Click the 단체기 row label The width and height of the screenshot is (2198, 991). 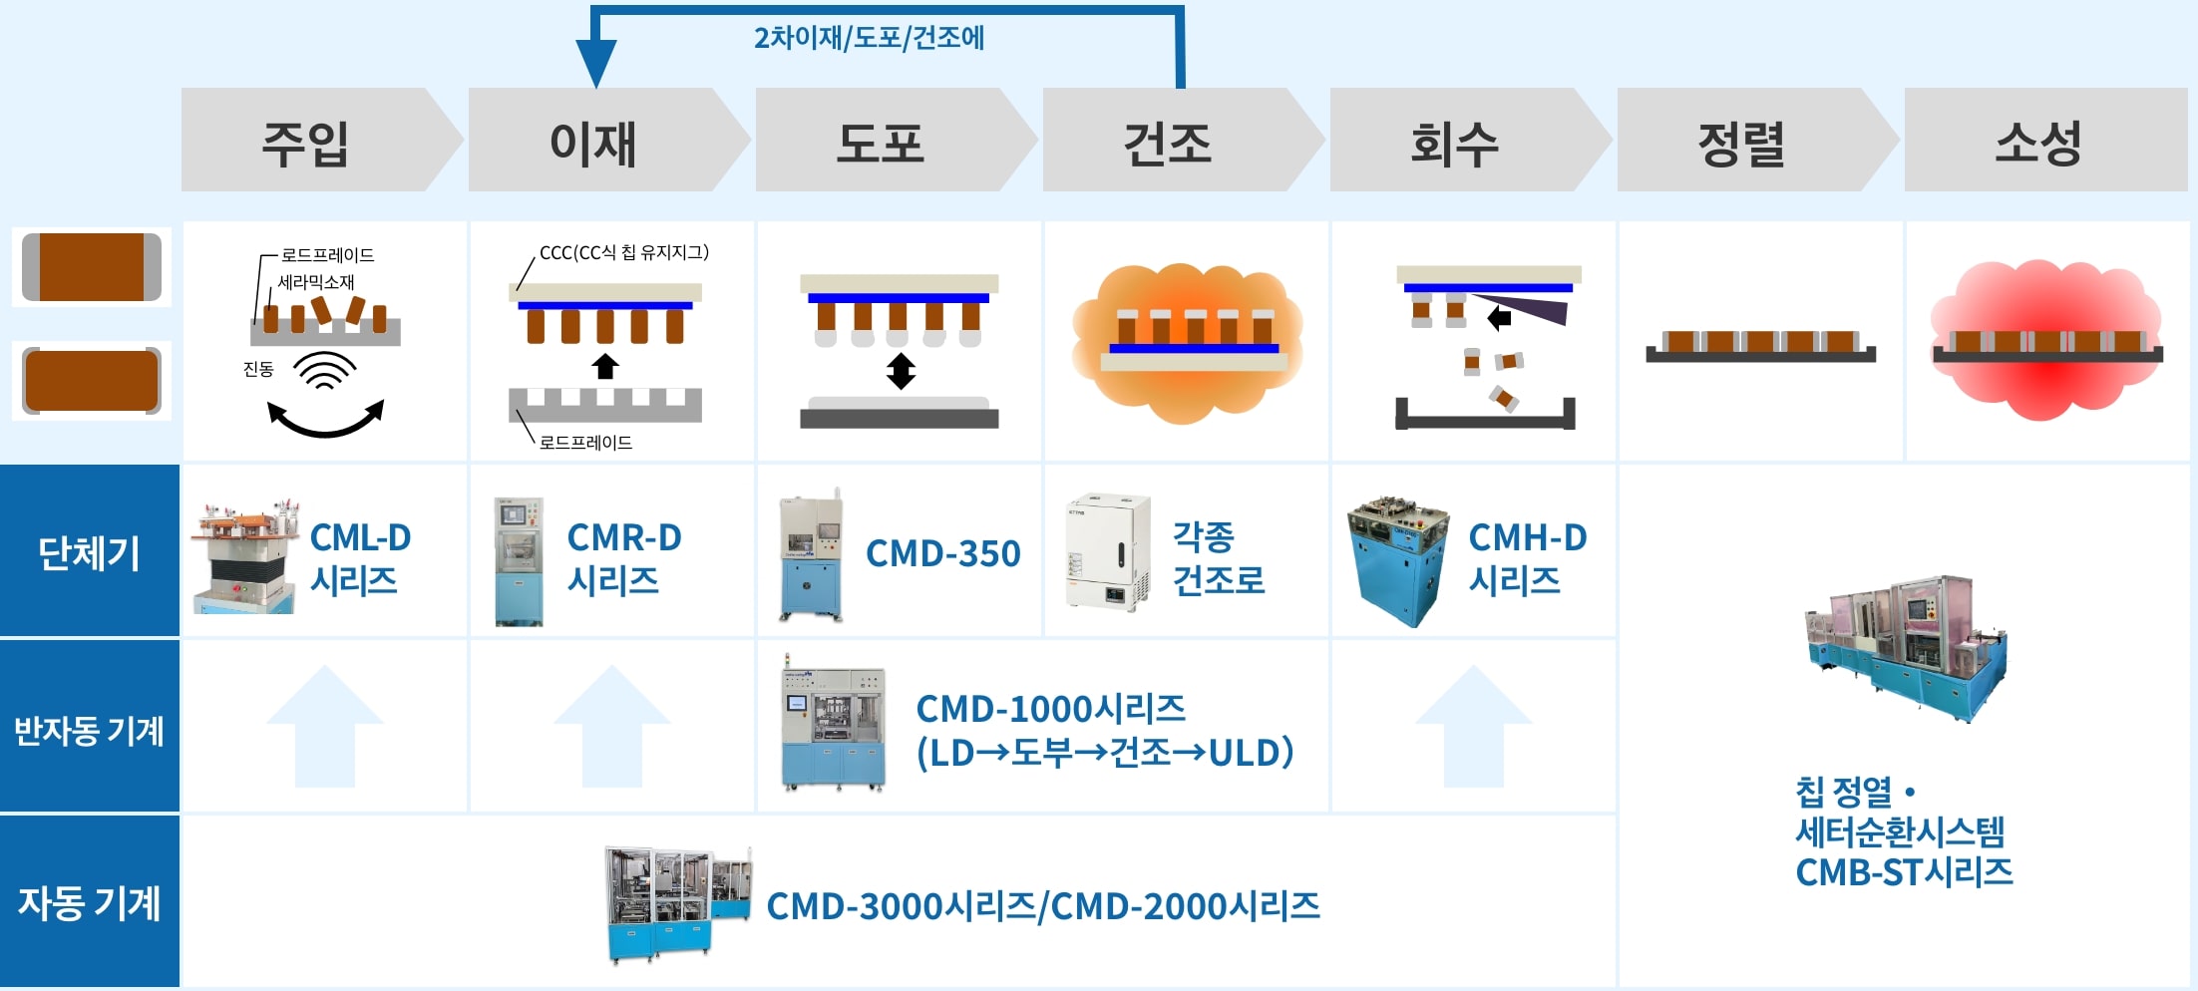point(89,551)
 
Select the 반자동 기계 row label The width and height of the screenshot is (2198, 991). point(89,730)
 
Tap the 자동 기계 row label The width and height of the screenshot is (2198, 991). point(89,903)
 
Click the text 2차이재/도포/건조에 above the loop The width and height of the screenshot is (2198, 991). point(869,38)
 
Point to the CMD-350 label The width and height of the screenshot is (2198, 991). point(942,553)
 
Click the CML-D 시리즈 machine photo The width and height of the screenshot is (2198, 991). point(245,556)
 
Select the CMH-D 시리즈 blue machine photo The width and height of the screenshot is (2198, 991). point(1397,560)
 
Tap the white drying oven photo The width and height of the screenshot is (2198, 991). point(1107,550)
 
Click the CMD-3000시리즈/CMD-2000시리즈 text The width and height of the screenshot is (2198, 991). point(1043,906)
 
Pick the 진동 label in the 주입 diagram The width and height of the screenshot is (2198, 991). point(258,369)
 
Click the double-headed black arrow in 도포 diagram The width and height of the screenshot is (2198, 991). point(901,371)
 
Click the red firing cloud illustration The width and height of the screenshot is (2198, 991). point(2046,339)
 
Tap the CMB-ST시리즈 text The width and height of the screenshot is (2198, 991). point(1904,872)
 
